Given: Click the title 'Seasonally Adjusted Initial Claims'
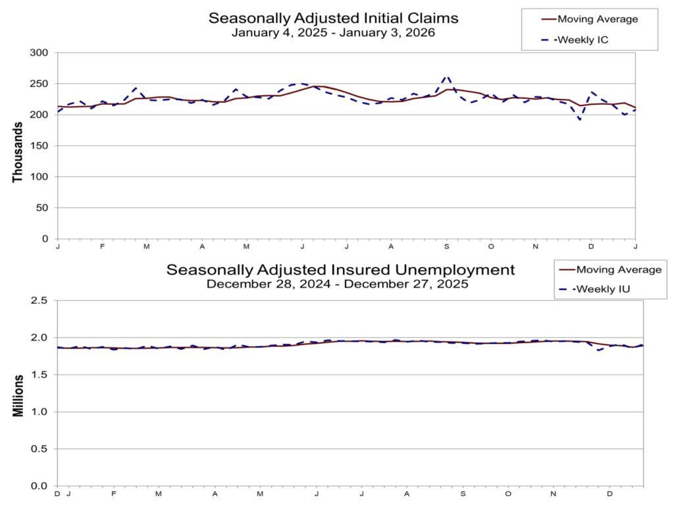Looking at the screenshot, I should click(x=333, y=17).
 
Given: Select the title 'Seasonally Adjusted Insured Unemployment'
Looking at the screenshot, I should click(x=340, y=270).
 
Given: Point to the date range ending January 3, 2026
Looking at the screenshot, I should click(x=333, y=32).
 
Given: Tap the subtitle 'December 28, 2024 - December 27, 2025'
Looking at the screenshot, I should click(x=337, y=285).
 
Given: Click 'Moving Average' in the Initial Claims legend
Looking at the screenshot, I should click(x=596, y=18).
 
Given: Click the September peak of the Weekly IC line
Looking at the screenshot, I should click(x=447, y=76).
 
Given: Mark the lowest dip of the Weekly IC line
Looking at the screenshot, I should click(x=580, y=120).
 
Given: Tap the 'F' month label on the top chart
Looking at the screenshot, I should click(x=102, y=246).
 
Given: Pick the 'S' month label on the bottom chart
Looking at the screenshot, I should click(x=463, y=493).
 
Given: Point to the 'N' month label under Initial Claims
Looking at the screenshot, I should click(x=536, y=246).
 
